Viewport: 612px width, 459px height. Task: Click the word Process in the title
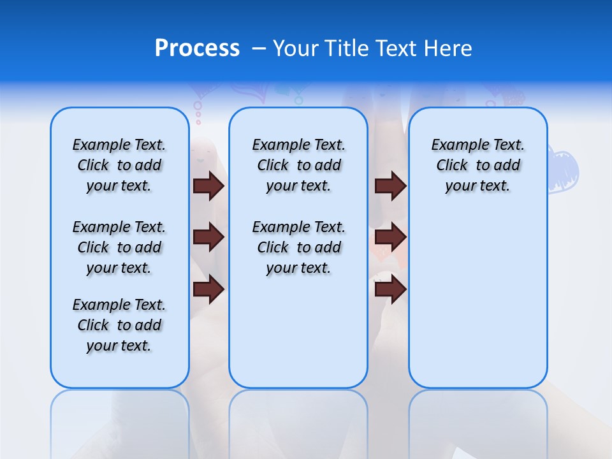197,48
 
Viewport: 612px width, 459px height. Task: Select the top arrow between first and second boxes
208,186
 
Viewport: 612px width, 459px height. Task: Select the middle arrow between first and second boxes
208,237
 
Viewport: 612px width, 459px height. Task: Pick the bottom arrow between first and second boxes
208,289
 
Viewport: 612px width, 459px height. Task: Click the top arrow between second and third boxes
390,186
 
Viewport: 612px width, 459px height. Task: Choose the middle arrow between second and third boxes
390,237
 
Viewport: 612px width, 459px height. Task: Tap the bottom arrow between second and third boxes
390,289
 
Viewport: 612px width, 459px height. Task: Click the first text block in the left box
119,165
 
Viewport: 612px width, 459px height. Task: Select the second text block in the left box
119,247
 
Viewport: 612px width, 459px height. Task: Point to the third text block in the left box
119,325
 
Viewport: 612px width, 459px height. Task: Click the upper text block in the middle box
298,165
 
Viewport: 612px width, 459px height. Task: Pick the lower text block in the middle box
298,247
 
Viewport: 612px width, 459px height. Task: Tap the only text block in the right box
477,165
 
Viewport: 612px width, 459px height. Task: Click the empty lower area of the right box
477,306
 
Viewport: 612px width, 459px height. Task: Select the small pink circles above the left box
198,112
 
